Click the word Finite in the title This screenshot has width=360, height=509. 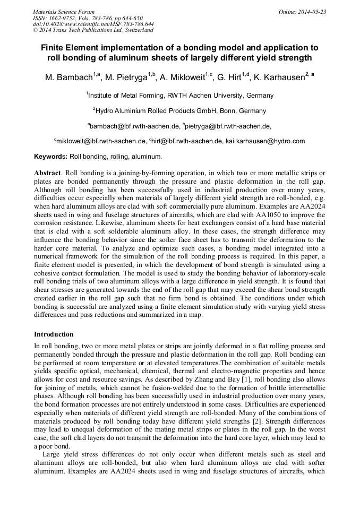tap(53, 47)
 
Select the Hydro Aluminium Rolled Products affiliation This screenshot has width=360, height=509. tap(180, 111)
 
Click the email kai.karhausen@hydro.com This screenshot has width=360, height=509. tap(265, 141)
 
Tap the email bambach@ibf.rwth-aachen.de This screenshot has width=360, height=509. tap(133, 126)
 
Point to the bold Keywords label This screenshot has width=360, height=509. tap(50, 157)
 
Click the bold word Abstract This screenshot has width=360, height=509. tap(48, 174)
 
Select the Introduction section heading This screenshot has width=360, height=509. tap(54, 334)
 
